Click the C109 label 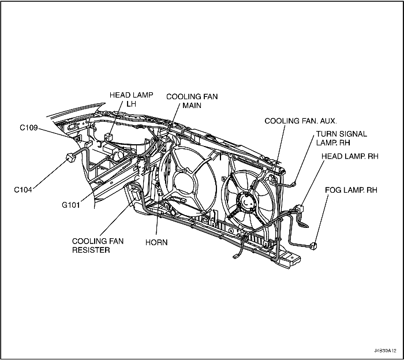29,128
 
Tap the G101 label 73,204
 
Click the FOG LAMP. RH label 351,189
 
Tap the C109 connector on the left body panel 80,138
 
